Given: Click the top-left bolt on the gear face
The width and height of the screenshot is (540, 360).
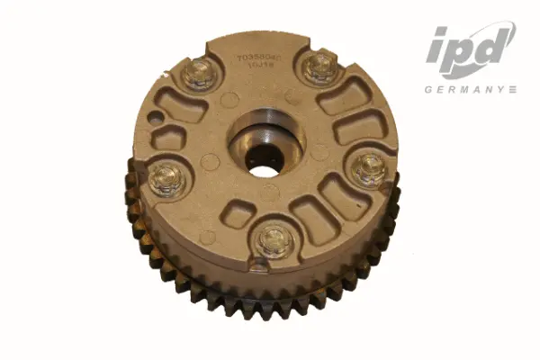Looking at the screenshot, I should (199, 75).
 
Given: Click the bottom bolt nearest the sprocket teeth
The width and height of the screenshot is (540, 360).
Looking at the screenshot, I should (274, 241).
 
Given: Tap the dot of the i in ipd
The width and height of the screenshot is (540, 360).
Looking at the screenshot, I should (440, 32).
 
